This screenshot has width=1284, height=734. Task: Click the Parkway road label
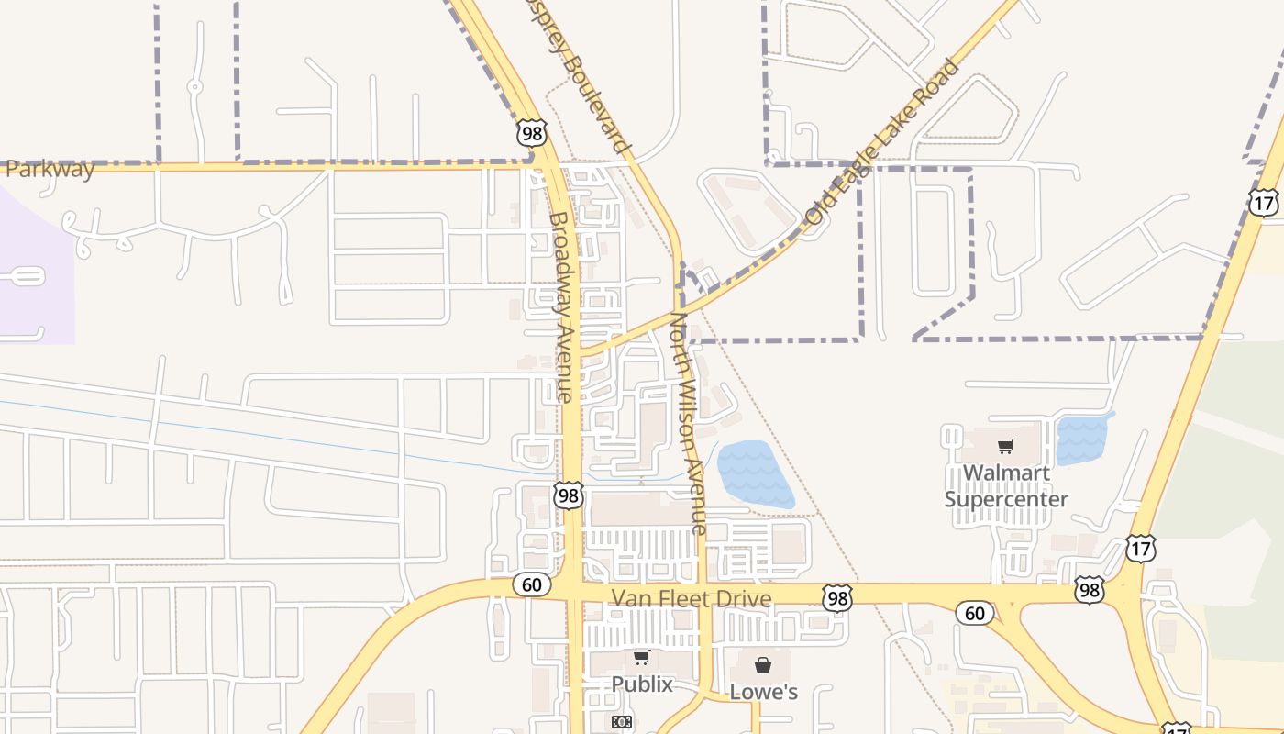(50, 170)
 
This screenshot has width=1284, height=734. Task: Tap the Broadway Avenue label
(560, 307)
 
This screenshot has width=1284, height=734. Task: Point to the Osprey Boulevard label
(579, 73)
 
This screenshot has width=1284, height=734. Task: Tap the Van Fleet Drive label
(692, 599)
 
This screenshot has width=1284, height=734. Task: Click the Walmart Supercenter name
(1006, 486)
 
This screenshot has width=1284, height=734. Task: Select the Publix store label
(642, 684)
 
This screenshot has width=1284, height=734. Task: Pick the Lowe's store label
(763, 692)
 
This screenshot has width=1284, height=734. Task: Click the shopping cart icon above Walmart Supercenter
(1006, 447)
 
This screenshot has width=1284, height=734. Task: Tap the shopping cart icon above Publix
(641, 657)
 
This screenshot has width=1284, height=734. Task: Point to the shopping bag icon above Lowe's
(762, 664)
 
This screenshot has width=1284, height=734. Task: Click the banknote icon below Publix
(622, 722)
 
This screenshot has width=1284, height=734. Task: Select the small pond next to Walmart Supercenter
(1081, 439)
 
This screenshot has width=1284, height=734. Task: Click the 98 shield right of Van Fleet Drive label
(836, 597)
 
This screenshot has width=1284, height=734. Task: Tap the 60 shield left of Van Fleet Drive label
(532, 584)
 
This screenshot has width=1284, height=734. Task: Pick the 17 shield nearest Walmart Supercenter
(1141, 550)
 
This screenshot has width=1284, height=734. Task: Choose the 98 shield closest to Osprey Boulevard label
(531, 133)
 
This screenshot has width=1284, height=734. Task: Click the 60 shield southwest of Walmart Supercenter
(974, 612)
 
